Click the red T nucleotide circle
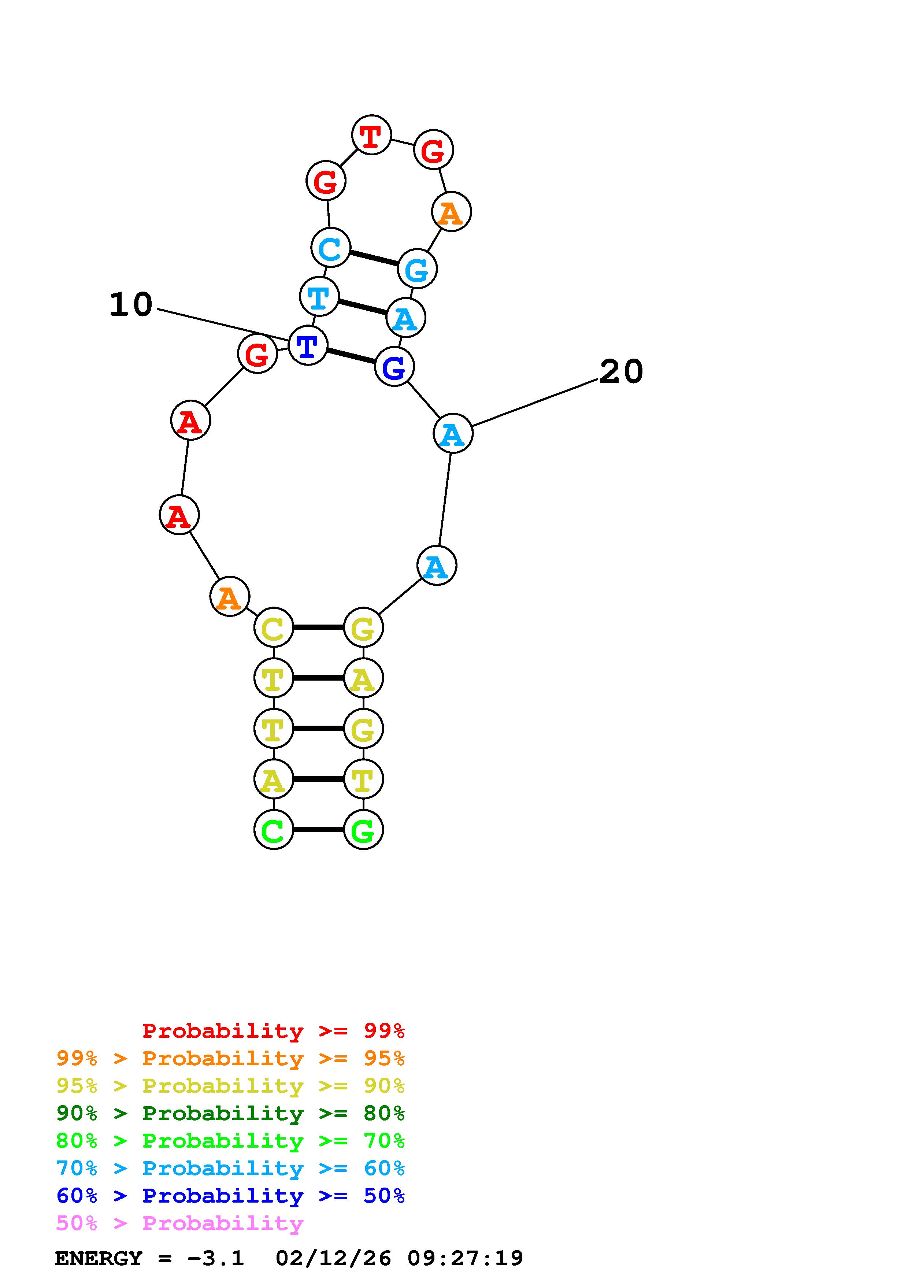point(371,135)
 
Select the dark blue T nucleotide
point(308,346)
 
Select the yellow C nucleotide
point(274,627)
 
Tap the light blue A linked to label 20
point(453,433)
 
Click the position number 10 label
point(131,305)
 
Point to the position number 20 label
point(621,372)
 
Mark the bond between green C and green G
point(318,829)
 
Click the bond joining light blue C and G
point(374,258)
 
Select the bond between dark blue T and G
point(351,356)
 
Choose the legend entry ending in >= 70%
point(230,1141)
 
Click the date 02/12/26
point(333,1259)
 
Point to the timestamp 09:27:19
point(466,1259)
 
